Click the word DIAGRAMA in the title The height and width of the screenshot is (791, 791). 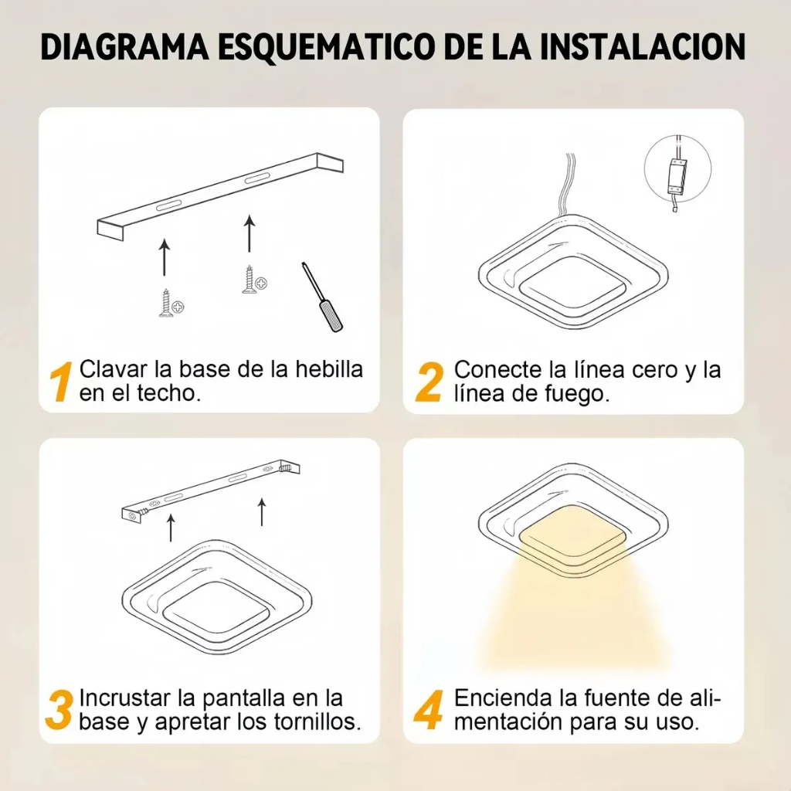click(x=124, y=47)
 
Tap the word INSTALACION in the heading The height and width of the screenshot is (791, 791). click(x=642, y=47)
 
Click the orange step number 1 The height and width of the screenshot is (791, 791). click(x=61, y=382)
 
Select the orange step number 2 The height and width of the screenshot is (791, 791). click(x=429, y=382)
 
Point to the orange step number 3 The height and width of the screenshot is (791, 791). click(x=59, y=711)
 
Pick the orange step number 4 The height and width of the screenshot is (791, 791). click(x=429, y=711)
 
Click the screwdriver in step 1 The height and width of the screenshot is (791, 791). click(x=322, y=297)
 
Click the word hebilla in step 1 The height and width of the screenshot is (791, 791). click(x=329, y=369)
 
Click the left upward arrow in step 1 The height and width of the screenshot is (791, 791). click(x=164, y=257)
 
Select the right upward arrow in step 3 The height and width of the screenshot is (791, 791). click(x=262, y=511)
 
